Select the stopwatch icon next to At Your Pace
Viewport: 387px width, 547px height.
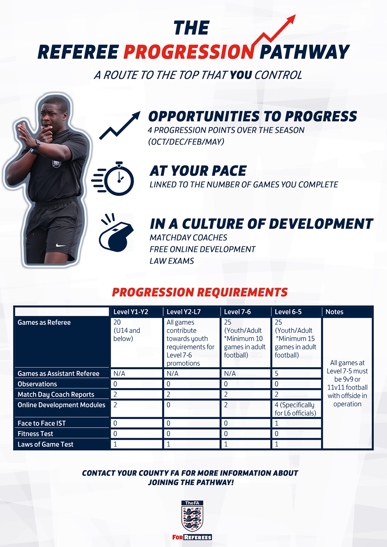(113, 179)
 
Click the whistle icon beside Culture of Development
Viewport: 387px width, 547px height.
(116, 232)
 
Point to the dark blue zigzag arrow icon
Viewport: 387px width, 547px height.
(120, 126)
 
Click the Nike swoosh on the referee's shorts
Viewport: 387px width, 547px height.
(61, 245)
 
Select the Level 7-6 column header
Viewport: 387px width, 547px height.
(238, 312)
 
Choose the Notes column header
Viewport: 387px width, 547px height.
(334, 312)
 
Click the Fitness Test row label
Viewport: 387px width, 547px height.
(35, 433)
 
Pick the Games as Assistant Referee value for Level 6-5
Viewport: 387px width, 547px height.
(277, 373)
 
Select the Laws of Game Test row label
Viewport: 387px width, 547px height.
(45, 444)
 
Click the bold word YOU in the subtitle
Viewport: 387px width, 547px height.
(240, 75)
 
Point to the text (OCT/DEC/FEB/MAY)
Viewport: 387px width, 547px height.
(186, 142)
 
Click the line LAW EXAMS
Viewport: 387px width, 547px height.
(172, 260)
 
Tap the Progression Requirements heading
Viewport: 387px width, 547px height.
(200, 292)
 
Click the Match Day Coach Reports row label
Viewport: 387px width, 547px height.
(56, 394)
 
